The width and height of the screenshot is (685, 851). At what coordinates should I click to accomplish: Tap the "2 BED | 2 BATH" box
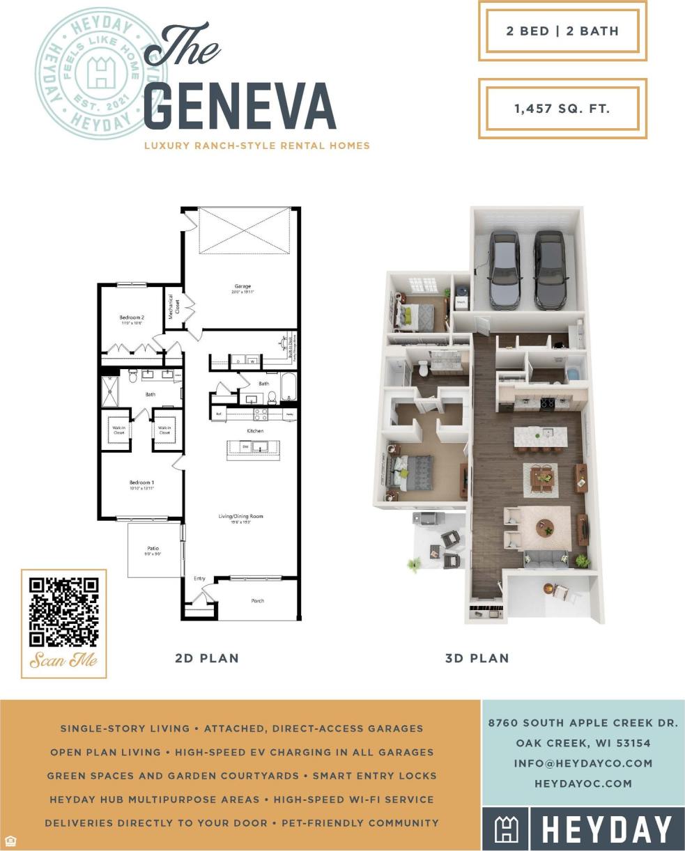562,31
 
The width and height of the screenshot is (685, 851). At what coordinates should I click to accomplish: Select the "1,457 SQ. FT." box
562,109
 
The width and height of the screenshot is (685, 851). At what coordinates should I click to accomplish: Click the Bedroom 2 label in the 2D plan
132,318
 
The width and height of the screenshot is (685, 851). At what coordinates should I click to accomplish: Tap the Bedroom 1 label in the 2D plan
141,483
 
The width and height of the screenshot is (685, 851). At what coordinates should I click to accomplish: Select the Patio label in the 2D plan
153,549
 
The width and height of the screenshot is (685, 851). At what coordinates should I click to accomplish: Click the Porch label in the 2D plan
257,600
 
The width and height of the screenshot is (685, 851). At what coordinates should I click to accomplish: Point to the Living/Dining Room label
241,516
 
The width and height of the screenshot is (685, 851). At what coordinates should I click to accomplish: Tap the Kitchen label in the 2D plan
255,431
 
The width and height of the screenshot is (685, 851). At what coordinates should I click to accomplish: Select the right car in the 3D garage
551,269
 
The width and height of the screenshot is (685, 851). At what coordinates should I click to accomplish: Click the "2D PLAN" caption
206,658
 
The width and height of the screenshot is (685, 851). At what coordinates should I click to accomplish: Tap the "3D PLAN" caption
477,658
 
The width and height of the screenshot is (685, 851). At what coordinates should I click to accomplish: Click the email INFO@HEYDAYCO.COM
583,763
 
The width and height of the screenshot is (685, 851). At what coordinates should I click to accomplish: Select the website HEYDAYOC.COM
583,783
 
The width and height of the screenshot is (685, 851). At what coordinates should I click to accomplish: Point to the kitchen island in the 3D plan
540,437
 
